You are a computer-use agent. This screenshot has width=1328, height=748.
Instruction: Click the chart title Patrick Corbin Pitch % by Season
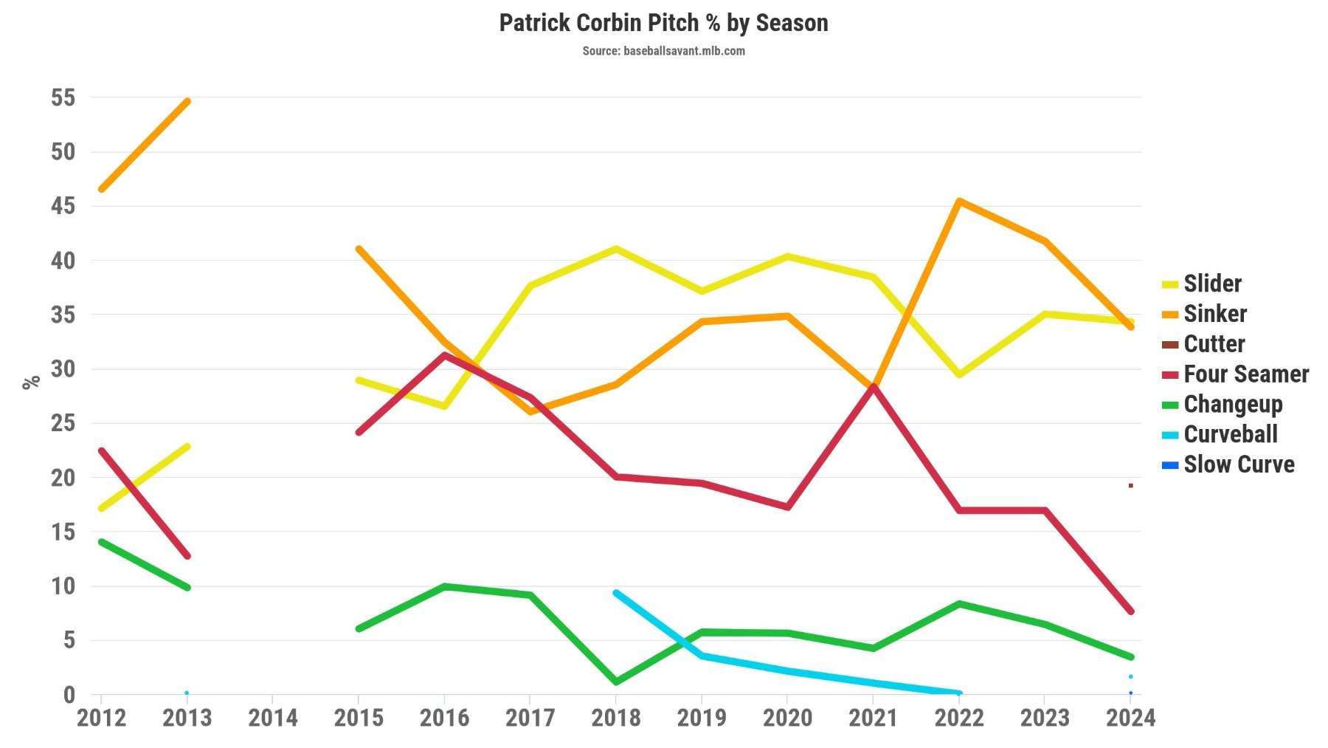(663, 23)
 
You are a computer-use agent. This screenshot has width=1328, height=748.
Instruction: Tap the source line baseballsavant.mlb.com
(663, 51)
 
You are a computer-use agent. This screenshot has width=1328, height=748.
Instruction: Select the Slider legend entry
(1212, 284)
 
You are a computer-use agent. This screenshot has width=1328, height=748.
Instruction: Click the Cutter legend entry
(1214, 344)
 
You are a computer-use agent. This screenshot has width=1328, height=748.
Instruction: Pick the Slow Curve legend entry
(1239, 464)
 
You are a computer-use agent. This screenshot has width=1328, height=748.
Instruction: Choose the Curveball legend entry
(1230, 434)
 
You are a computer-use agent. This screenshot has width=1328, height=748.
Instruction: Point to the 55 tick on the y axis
(63, 97)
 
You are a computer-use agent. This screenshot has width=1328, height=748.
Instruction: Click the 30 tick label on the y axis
(63, 368)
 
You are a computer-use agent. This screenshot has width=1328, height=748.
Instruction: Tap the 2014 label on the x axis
(273, 718)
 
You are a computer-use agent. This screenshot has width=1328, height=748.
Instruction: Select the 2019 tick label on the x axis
(702, 718)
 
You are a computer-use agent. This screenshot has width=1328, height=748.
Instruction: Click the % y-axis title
(31, 382)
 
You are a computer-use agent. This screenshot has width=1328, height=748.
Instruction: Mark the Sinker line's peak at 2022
(958, 201)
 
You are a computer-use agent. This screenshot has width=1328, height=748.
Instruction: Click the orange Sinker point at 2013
(187, 101)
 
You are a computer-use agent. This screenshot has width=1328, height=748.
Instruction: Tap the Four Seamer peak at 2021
(873, 387)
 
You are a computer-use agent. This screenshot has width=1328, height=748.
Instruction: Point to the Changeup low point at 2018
(616, 682)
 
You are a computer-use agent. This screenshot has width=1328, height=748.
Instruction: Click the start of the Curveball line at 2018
(616, 593)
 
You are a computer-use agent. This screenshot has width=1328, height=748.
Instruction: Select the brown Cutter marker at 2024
(1130, 486)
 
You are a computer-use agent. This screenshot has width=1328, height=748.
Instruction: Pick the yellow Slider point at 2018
(616, 249)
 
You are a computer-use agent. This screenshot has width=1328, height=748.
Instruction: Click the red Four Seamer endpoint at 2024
(1130, 611)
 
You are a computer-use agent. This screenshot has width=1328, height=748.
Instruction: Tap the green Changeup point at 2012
(102, 542)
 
